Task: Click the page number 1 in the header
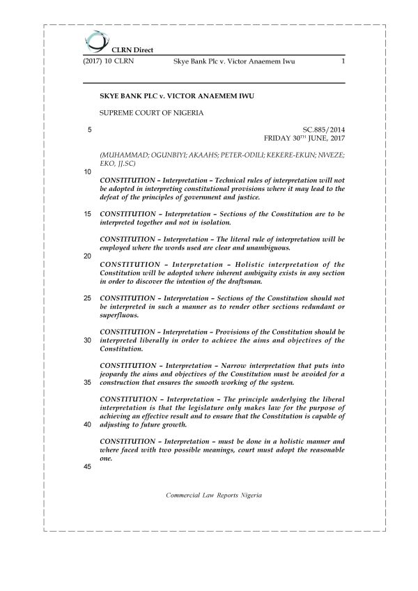343,62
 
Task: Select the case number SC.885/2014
324,130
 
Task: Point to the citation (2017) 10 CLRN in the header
109,62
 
